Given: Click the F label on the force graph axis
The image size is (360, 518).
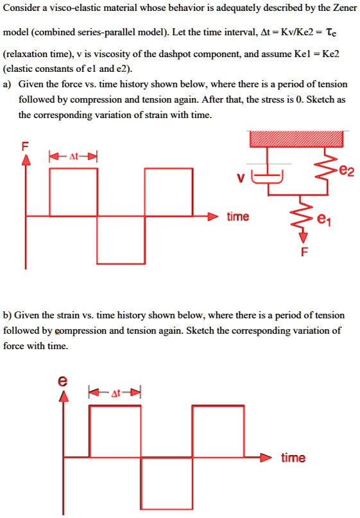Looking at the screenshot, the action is click(26, 145).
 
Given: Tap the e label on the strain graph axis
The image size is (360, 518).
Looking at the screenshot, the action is click(62, 381).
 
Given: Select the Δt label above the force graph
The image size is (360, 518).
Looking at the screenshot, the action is click(73, 155).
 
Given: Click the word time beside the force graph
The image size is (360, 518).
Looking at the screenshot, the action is click(238, 217).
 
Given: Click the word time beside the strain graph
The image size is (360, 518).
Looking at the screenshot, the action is click(293, 457).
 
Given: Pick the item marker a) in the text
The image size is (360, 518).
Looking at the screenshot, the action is click(7, 84).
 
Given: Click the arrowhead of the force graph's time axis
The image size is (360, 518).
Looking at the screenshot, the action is click(218, 217).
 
